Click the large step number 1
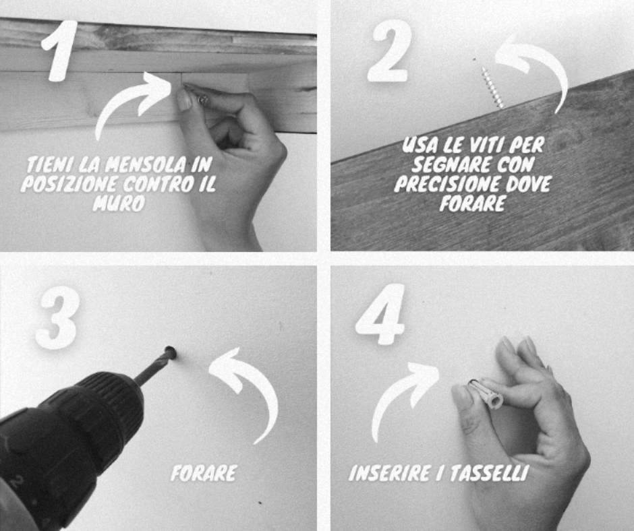pyautogui.click(x=61, y=51)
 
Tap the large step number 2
pyautogui.click(x=389, y=51)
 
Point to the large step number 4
pyautogui.click(x=380, y=315)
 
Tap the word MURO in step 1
pyautogui.click(x=119, y=204)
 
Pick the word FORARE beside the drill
pyautogui.click(x=204, y=473)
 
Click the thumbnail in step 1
pyautogui.click(x=184, y=100)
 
